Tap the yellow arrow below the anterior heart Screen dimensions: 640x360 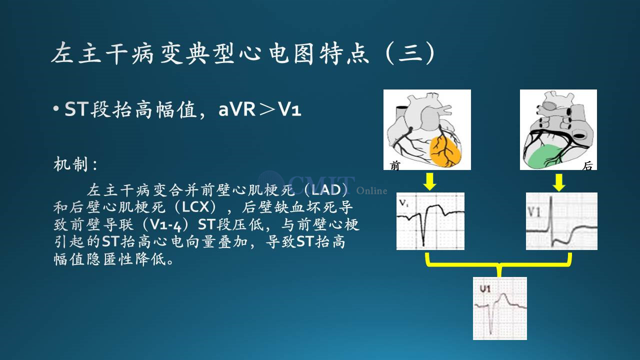[x=429, y=181]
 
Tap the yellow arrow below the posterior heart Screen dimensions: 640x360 [x=559, y=182]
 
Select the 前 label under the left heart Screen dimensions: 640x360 [x=395, y=165]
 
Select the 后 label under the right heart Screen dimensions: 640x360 [x=587, y=165]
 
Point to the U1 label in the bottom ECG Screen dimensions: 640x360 [x=485, y=289]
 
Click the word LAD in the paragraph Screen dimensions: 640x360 [x=325, y=190]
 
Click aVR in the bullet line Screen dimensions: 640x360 [x=237, y=109]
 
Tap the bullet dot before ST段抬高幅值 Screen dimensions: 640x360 [x=56, y=108]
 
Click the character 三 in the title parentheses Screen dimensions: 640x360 [x=410, y=53]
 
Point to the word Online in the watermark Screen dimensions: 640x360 [x=371, y=190]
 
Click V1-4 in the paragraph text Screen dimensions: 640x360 [x=165, y=224]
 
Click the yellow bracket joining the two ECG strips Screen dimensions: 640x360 [x=499, y=264]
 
